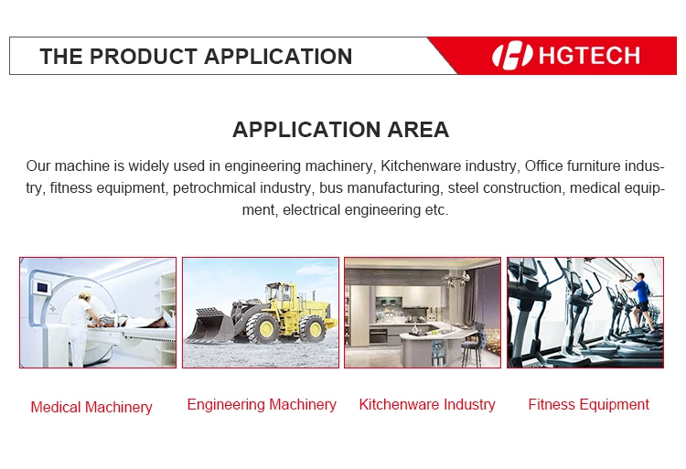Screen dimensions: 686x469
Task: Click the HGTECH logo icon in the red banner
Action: pos(512,56)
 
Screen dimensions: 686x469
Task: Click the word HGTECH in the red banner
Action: pos(589,56)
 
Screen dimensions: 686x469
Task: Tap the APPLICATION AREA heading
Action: pos(341,130)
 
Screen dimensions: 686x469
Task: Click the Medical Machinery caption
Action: pos(91,407)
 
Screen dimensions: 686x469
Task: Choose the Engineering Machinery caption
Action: pos(262,405)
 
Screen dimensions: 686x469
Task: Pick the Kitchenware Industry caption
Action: pos(427,405)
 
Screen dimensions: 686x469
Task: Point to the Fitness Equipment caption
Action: pos(589,405)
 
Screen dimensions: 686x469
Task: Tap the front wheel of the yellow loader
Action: pos(263,328)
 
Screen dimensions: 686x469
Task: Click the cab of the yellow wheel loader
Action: pos(280,293)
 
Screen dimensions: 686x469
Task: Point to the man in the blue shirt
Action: pos(641,303)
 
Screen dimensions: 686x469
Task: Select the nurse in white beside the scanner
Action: pos(80,328)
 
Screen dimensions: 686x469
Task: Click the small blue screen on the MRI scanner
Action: pos(42,288)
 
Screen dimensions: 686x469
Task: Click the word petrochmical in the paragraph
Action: pos(214,188)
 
